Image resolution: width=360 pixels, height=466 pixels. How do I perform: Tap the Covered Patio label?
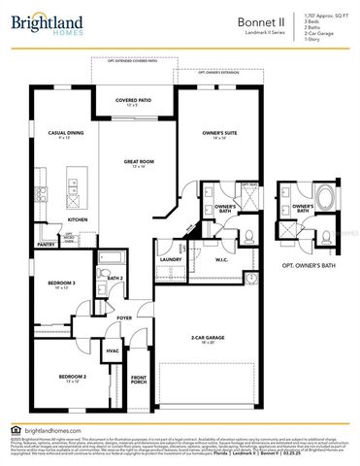click(134, 100)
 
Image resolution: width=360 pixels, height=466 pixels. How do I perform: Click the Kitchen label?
click(78, 219)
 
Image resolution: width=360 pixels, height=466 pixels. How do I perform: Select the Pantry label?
click(46, 245)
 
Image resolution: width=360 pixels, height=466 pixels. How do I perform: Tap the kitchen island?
click(74, 181)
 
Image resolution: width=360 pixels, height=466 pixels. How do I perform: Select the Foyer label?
click(124, 317)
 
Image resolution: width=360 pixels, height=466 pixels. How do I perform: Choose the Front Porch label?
click(138, 380)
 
